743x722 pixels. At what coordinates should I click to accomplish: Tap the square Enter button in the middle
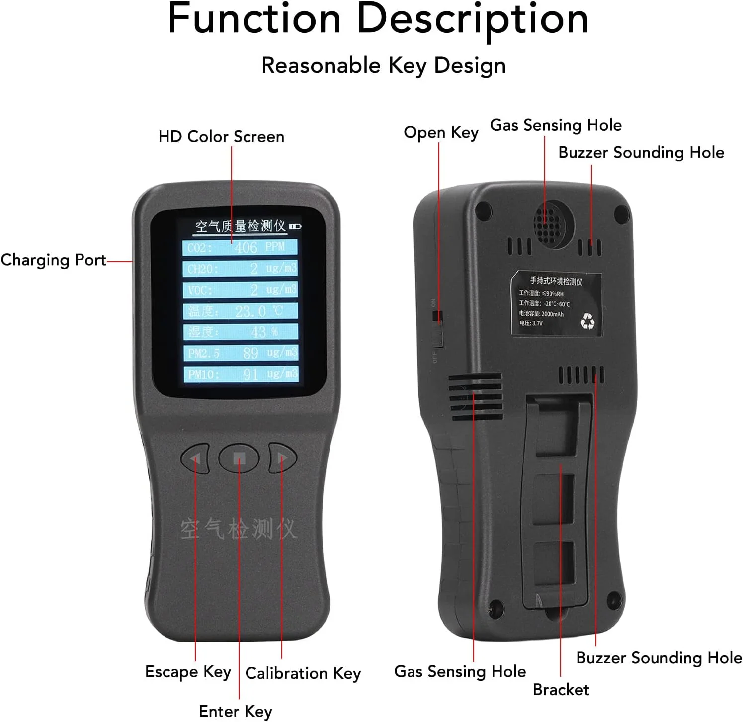coord(239,458)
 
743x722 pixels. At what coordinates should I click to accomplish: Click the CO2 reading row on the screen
coord(240,247)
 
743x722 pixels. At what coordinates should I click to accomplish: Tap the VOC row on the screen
coord(240,290)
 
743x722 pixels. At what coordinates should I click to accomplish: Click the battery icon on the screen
coord(296,226)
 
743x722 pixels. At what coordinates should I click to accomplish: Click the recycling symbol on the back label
coord(587,321)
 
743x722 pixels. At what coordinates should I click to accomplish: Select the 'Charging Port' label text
coord(53,260)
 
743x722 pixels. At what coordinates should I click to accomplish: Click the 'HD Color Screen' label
coord(221,137)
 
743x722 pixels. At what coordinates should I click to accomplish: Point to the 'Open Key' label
coord(441,133)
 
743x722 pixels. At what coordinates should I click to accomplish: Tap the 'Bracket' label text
coord(561,690)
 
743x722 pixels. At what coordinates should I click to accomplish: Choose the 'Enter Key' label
coord(235,712)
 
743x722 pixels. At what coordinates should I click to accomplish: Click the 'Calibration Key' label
coord(303,673)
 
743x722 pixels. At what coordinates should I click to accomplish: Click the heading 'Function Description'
coord(378,20)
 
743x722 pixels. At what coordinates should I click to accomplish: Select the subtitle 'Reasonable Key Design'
coord(383,66)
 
